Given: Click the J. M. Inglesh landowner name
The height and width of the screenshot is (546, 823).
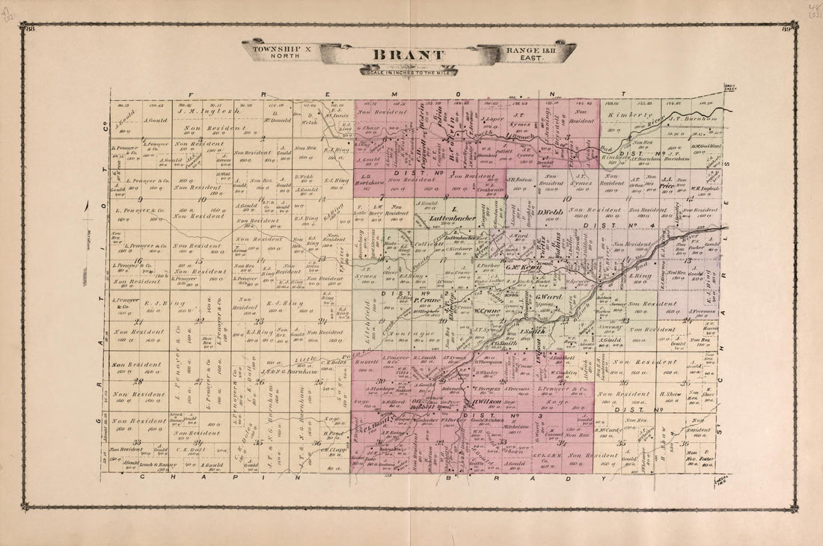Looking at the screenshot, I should [201, 113].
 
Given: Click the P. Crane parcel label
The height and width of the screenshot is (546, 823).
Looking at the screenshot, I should [424, 300].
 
